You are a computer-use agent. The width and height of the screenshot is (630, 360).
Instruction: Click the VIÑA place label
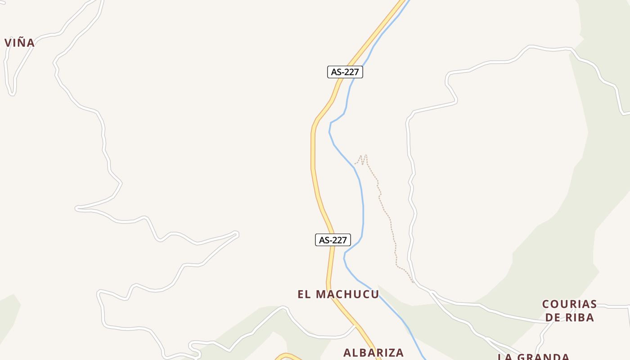coord(19,43)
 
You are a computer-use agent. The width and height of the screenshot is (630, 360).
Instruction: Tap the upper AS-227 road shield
coord(345,72)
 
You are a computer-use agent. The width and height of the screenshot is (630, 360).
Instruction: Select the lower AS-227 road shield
coord(333,240)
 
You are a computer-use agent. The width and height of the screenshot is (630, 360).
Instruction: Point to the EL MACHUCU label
coord(338,294)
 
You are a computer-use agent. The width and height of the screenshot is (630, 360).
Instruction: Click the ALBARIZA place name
coord(373,352)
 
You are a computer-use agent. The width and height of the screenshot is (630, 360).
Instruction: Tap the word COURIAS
coord(569,304)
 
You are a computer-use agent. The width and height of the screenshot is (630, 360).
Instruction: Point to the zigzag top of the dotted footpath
coord(362,158)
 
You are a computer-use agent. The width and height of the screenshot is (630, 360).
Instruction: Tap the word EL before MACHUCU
coord(304,294)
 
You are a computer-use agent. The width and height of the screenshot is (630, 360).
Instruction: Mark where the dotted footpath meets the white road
coord(414,283)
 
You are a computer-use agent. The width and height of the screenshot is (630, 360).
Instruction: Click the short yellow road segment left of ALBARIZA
coord(288,356)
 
